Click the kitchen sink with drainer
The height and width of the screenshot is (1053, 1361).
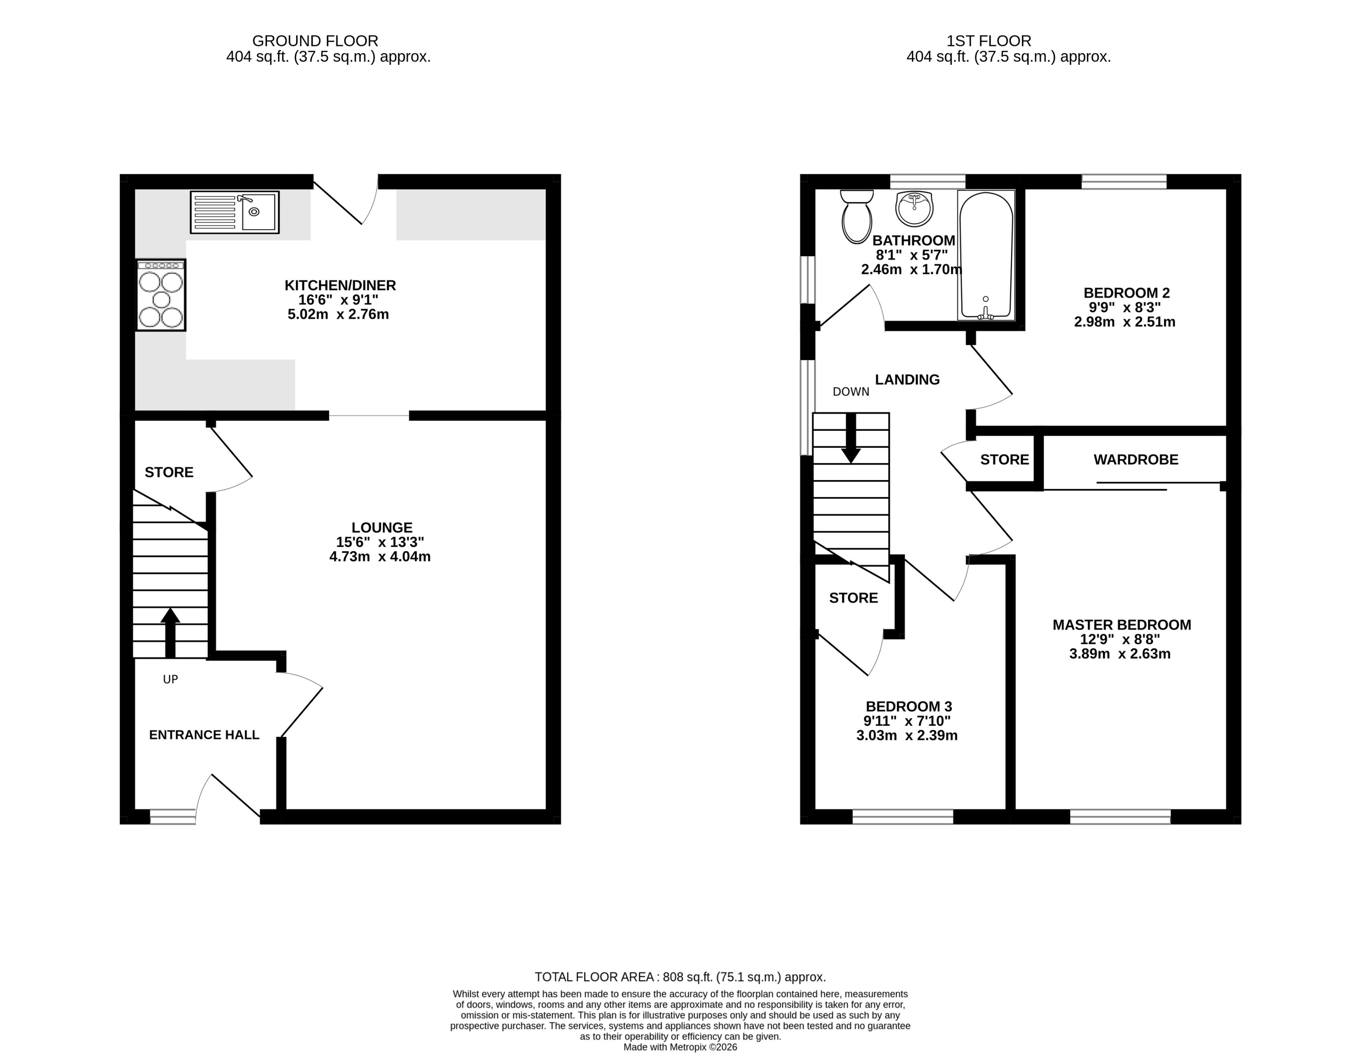(x=234, y=213)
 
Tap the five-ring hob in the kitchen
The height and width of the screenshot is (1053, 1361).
(x=161, y=295)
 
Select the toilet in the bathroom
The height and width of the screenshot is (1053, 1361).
(x=856, y=216)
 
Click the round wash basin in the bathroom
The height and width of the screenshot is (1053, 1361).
(x=914, y=208)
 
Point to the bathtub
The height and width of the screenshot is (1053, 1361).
(x=986, y=256)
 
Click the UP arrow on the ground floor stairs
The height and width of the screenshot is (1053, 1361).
(x=170, y=632)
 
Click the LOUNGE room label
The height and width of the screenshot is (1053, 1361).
(x=381, y=527)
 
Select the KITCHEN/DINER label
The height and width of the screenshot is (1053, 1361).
(x=340, y=285)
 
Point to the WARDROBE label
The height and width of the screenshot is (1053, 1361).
(x=1135, y=460)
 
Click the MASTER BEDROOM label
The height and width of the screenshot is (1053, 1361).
(x=1122, y=625)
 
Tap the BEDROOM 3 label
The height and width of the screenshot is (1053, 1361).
(x=909, y=706)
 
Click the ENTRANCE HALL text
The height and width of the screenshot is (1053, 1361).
(x=204, y=735)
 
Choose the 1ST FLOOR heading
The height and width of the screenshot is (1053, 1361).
(x=988, y=41)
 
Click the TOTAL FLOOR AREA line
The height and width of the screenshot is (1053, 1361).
(x=680, y=977)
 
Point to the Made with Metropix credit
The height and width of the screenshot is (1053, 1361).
(x=680, y=1048)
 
